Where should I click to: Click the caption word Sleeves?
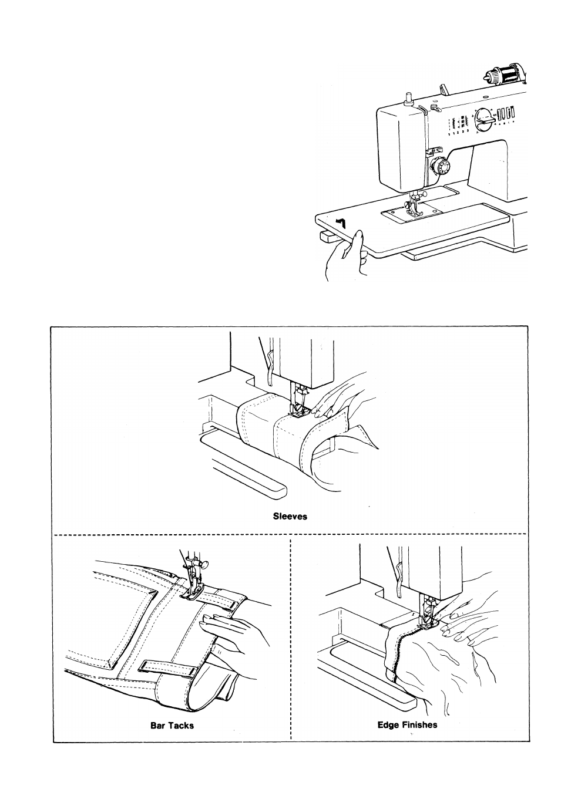click(x=290, y=517)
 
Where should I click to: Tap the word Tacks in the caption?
click(x=182, y=726)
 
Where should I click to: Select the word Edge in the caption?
click(x=388, y=725)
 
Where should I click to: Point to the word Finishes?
click(x=420, y=725)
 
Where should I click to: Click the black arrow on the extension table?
click(x=341, y=222)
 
